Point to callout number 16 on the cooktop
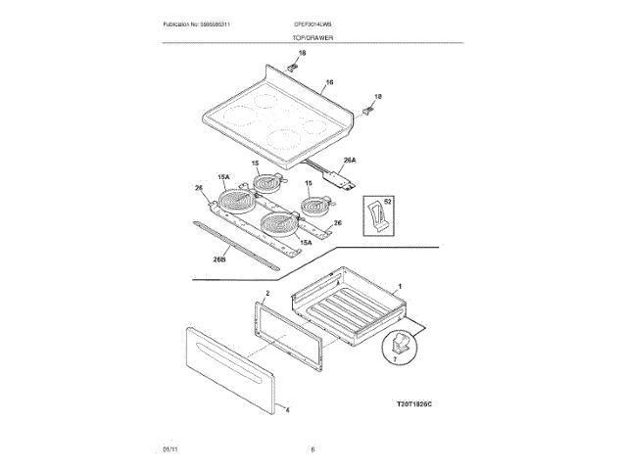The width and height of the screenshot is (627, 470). [x=330, y=82]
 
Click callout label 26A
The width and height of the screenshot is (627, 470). [x=349, y=160]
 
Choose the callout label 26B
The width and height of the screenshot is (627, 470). [x=219, y=259]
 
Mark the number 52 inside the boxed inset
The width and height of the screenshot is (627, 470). [x=387, y=201]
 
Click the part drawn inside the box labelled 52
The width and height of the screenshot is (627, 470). [x=374, y=217]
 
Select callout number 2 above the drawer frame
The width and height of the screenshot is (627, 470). [x=266, y=293]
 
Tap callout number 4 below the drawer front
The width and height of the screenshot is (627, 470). [x=287, y=409]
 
